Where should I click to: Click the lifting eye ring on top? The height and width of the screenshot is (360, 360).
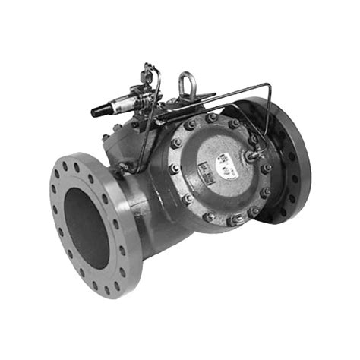[x=186, y=82]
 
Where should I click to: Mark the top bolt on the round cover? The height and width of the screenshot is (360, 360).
[x=212, y=118]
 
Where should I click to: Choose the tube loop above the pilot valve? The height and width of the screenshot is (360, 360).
[x=153, y=72]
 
